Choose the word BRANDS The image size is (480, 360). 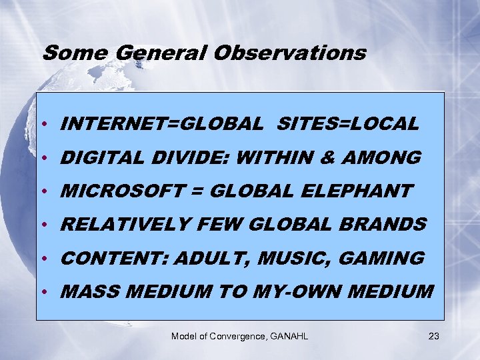pos(387,225)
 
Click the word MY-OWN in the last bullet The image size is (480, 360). pos(297,291)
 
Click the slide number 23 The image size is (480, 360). pos(434,336)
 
